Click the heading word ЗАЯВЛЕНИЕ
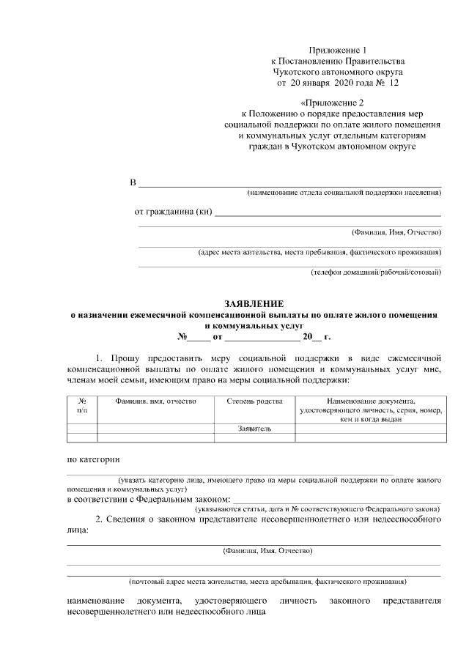pyautogui.click(x=254, y=303)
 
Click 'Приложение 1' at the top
pyautogui.click(x=338, y=49)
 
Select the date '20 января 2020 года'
pyautogui.click(x=326, y=84)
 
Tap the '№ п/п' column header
pyautogui.click(x=82, y=406)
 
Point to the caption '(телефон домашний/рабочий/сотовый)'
pyautogui.click(x=376, y=273)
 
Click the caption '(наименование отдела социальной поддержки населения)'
pyautogui.click(x=344, y=193)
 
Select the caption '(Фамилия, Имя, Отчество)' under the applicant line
pyautogui.click(x=396, y=232)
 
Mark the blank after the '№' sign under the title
pyautogui.click(x=198, y=338)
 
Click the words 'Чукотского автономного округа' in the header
pyautogui.click(x=338, y=73)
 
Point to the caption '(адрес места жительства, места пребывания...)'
pyautogui.click(x=320, y=253)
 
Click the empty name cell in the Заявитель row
pyautogui.click(x=155, y=428)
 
